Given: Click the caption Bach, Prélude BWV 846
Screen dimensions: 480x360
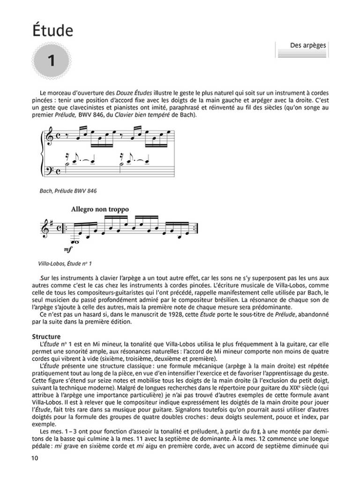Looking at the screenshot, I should [x=68, y=191].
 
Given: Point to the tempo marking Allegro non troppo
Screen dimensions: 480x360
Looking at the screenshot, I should [x=100, y=209].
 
